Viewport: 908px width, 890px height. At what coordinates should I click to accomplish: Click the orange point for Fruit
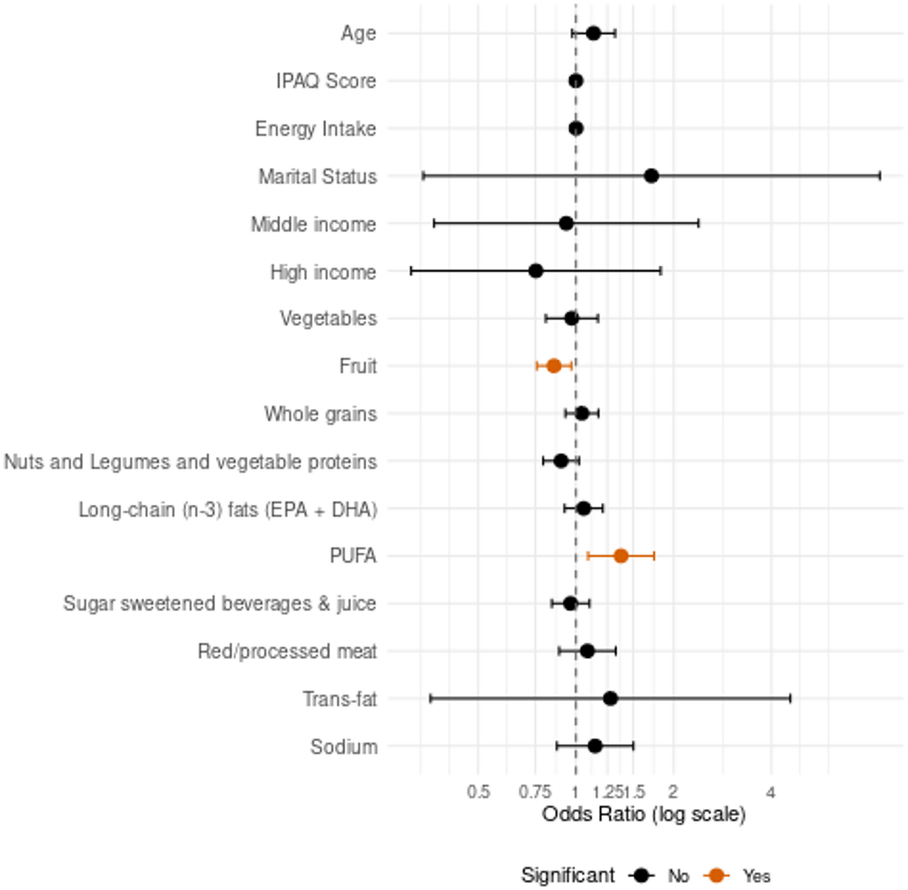(x=553, y=365)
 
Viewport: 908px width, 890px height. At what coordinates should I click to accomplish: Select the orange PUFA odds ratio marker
(x=621, y=556)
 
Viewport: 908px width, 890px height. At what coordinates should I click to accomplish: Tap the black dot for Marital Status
(x=651, y=176)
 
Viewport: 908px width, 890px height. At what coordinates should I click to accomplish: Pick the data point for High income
(x=536, y=271)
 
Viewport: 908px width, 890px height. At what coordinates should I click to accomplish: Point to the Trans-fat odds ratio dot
(x=610, y=698)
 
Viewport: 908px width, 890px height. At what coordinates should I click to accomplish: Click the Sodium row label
(x=344, y=746)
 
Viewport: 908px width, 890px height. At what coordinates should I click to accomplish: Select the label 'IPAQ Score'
(x=326, y=81)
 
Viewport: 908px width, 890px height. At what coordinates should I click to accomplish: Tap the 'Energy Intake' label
(x=316, y=129)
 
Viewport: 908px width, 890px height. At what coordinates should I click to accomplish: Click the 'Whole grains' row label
(x=321, y=414)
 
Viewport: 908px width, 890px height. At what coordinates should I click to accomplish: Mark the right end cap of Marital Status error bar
(x=880, y=176)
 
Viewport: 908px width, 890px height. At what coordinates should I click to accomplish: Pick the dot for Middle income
(x=566, y=224)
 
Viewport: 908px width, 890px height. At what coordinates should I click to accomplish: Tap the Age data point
(x=593, y=33)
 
